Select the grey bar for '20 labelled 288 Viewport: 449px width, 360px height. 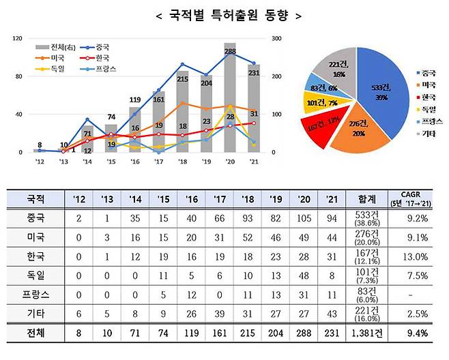click(230, 102)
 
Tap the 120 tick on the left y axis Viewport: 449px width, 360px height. click(16, 39)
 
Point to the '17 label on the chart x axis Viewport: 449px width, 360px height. click(158, 162)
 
